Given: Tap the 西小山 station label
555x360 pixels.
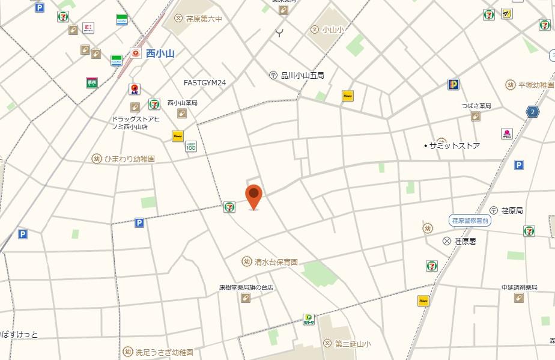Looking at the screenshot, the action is coord(160,53).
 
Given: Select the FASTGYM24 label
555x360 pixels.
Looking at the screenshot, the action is coord(205,82).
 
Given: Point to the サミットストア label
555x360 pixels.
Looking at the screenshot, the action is coord(454,145).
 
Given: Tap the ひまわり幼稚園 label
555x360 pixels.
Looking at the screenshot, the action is coord(129,159).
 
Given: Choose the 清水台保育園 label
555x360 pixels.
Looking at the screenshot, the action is coord(276,262).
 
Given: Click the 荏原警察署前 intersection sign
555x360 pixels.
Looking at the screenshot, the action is coord(470,221).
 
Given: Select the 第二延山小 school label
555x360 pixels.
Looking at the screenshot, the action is coord(352,344).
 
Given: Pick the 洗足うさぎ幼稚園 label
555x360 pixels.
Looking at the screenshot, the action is coord(164,352).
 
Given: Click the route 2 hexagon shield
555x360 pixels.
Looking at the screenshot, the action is coord(532,112).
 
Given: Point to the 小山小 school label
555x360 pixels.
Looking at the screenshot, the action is coord(332,29).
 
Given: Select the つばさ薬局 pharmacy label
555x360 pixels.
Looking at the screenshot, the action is coord(476,106).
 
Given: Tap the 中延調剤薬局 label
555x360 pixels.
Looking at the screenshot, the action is coord(520,287).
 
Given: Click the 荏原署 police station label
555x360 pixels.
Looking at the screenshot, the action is coord(465,241).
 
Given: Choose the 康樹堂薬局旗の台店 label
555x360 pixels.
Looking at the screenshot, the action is coord(246,288).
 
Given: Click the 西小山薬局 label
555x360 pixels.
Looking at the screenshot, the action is coord(182,103).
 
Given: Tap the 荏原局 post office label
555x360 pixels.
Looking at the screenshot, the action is coord(512,210).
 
